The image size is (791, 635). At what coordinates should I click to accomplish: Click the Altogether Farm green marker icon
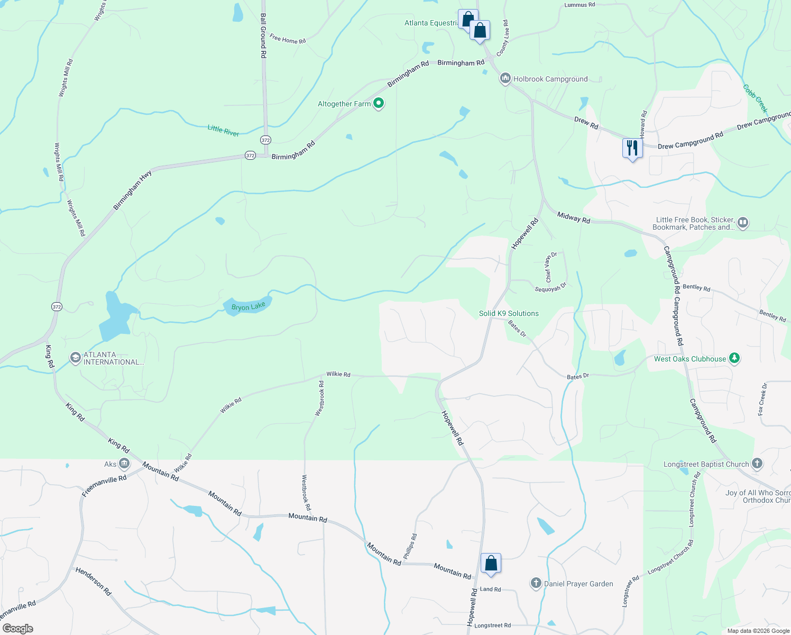pos(379,103)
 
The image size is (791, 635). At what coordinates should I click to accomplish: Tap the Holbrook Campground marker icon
pos(505,79)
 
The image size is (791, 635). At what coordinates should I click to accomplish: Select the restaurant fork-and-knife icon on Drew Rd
pos(632,148)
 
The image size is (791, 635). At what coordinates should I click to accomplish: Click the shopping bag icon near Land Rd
pos(491,563)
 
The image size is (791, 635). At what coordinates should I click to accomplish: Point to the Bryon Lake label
pos(248,307)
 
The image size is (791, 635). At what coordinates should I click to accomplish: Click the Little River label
pos(223,131)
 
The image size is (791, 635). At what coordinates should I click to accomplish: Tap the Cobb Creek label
pos(755,98)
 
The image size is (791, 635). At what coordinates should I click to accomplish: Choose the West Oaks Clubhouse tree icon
pos(734,358)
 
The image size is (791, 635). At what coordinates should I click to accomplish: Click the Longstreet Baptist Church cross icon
pos(757,464)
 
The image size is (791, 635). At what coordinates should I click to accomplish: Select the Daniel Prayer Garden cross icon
pos(536,583)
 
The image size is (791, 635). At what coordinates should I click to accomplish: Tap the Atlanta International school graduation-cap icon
pos(75,358)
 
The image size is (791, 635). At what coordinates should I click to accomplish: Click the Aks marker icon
pos(124,464)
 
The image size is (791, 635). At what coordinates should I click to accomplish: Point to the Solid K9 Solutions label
pos(509,313)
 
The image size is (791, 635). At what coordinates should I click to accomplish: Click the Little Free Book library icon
pos(743,223)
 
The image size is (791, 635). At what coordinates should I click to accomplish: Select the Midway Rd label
pos(573,217)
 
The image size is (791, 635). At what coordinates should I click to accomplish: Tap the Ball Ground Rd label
pos(263,35)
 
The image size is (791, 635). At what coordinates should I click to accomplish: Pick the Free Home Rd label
pos(287,39)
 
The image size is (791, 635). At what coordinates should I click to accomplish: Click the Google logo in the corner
pos(17,628)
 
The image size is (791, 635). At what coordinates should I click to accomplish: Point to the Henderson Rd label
pos(93,581)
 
